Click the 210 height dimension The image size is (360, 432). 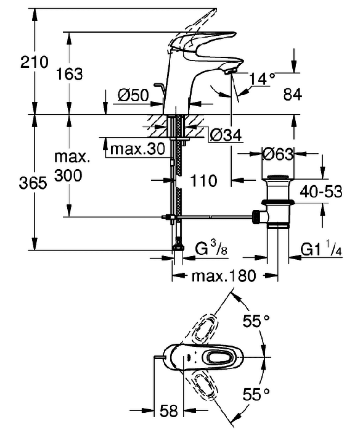point(34,62)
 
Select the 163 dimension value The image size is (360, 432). point(69,74)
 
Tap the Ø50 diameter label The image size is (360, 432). point(133,95)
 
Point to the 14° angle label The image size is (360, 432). point(262,78)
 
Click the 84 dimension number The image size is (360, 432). point(293,94)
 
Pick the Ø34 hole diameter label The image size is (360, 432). point(226,135)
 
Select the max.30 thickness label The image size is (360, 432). point(137,149)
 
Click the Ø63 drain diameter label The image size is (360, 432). point(278,154)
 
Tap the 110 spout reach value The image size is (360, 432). point(203,181)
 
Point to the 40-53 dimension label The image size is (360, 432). point(321,191)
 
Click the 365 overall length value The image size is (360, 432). point(33,183)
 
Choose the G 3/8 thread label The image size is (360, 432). point(211,249)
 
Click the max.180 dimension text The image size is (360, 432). point(224,276)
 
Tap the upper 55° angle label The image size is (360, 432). point(256,321)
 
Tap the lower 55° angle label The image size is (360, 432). point(256,394)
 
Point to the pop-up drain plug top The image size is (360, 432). point(278,177)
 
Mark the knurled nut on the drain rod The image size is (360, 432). point(256,217)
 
